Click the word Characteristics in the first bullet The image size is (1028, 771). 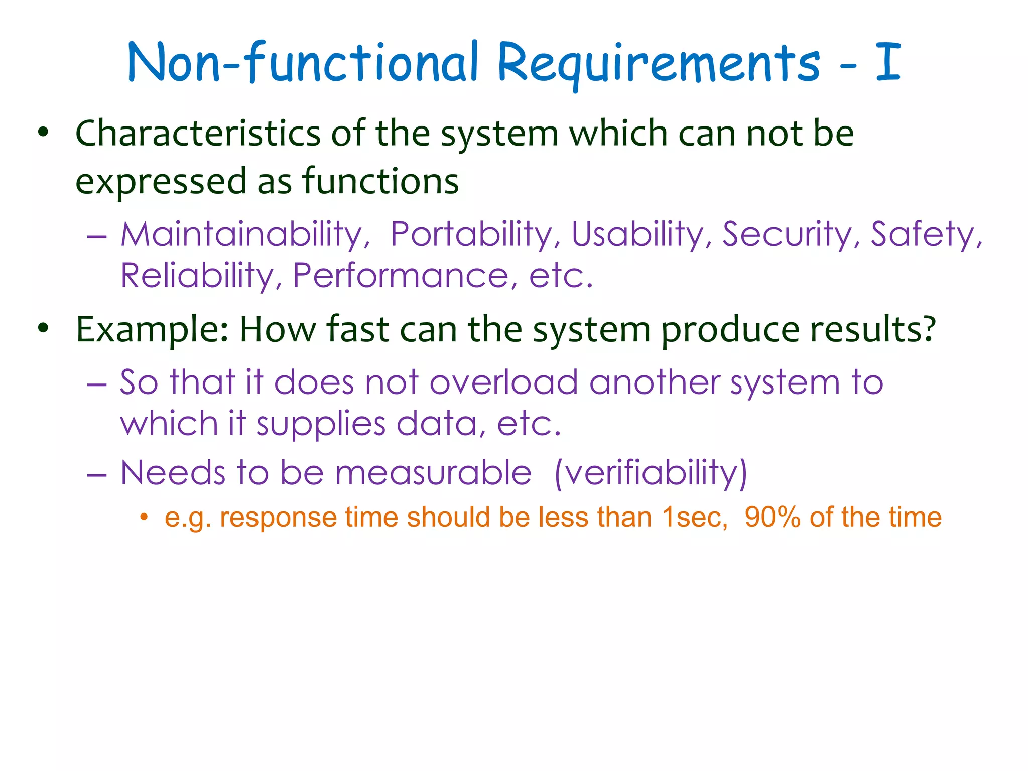198,134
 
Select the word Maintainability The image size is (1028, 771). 245,235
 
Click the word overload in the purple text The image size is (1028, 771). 503,382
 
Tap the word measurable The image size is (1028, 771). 433,473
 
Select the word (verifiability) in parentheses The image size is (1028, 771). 651,473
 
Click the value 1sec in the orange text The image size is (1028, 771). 694,518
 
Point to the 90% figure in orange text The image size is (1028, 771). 772,518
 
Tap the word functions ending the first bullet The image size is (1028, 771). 380,181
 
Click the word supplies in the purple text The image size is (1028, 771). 321,424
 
